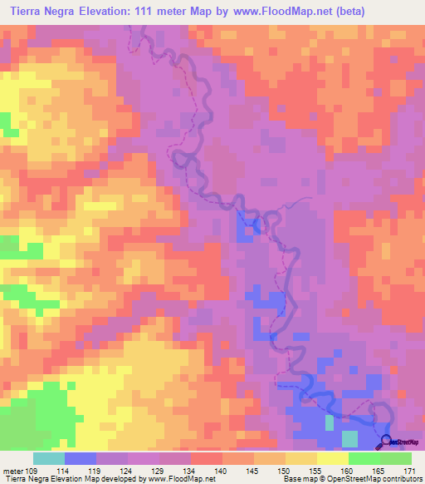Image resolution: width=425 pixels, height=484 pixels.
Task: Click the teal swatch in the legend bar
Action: pos(48,458)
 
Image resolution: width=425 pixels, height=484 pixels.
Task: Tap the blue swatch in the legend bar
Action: pos(80,458)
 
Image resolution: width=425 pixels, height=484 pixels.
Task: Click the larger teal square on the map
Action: pos(350,438)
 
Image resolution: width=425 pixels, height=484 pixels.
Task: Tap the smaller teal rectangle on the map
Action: pos(330,422)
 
